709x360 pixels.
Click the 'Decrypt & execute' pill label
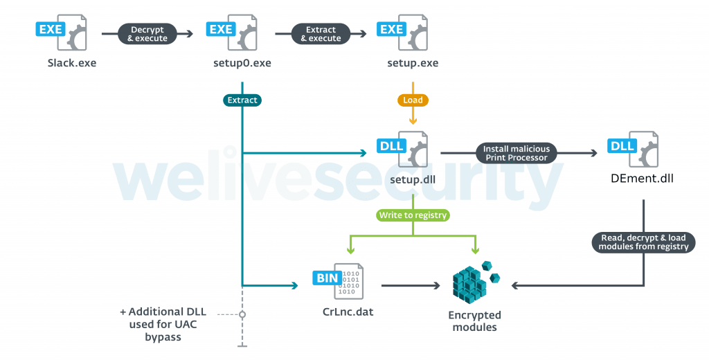point(147,34)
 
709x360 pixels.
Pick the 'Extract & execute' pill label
point(320,34)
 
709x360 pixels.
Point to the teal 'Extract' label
point(242,100)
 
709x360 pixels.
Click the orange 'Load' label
point(413,100)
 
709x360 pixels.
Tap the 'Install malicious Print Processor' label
point(516,153)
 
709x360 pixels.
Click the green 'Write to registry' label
point(413,215)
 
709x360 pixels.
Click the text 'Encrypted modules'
point(474,321)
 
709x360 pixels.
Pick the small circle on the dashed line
point(242,314)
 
